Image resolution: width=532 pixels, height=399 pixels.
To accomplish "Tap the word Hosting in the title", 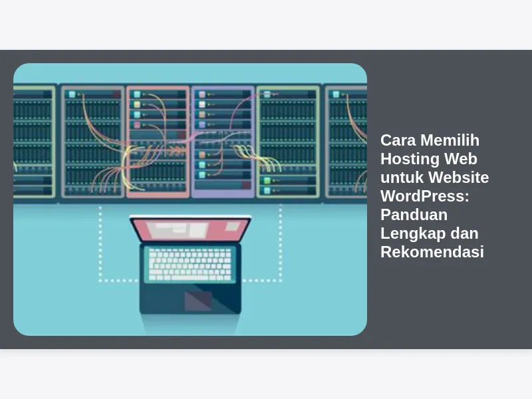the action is click(409, 160).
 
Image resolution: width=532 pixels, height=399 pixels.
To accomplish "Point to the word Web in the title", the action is click(462, 159).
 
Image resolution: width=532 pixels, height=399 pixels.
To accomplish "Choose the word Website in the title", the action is click(458, 178).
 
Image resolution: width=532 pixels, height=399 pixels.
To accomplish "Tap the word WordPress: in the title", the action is click(425, 196).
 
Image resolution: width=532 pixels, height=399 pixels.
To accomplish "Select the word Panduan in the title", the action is click(414, 215).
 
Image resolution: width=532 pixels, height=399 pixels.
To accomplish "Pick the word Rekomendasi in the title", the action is click(432, 252).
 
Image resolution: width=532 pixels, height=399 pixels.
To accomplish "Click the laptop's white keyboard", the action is click(190, 265).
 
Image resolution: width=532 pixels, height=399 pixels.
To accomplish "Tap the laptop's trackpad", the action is click(198, 301).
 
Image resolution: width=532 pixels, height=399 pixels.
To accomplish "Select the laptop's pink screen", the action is click(190, 229).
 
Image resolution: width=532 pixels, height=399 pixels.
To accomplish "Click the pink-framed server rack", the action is click(158, 142).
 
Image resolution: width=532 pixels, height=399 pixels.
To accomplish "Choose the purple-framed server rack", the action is click(223, 142).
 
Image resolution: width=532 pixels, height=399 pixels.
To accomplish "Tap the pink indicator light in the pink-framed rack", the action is click(137, 125).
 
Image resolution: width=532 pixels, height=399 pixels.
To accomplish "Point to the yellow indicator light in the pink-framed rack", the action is click(137, 104).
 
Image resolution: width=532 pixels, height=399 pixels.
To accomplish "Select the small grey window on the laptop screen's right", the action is click(233, 226).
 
